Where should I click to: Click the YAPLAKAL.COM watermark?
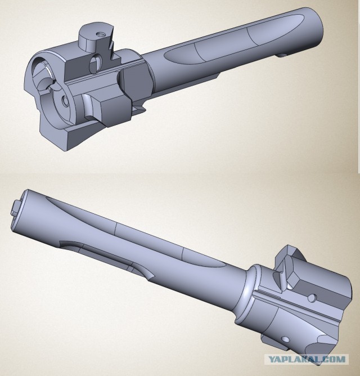307,359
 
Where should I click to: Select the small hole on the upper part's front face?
65,101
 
